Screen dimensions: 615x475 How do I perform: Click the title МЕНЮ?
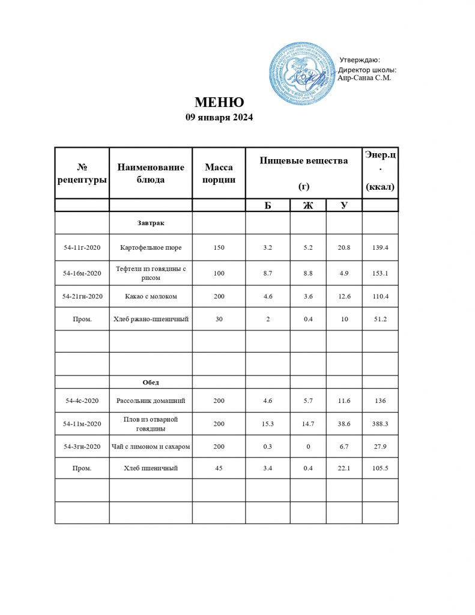pyautogui.click(x=219, y=103)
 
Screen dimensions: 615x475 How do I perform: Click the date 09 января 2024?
pyautogui.click(x=219, y=118)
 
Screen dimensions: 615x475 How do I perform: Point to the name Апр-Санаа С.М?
pyautogui.click(x=365, y=77)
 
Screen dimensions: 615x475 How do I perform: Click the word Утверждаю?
pyautogui.click(x=360, y=59)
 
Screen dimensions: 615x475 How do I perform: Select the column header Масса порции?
pyautogui.click(x=219, y=173)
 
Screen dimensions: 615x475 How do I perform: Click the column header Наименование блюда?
pyautogui.click(x=150, y=173)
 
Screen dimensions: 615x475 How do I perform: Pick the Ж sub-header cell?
pyautogui.click(x=308, y=205)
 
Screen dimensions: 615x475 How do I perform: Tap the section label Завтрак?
pyautogui.click(x=150, y=223)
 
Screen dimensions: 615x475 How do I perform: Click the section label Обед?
pyautogui.click(x=150, y=382)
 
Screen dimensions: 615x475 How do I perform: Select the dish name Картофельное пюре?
pyautogui.click(x=150, y=247)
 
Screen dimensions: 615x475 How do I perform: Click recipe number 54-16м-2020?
pyautogui.click(x=82, y=273)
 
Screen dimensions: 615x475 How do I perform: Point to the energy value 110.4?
pyautogui.click(x=380, y=296)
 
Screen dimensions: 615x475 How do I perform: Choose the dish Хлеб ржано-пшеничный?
pyautogui.click(x=151, y=320)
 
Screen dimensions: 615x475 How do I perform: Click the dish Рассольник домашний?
pyautogui.click(x=150, y=401)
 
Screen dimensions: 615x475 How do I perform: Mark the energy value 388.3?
pyautogui.click(x=380, y=424)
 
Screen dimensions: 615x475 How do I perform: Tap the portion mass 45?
pyautogui.click(x=219, y=468)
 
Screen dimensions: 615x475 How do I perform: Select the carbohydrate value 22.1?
pyautogui.click(x=344, y=468)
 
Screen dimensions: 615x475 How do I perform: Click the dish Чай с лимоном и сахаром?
pyautogui.click(x=151, y=447)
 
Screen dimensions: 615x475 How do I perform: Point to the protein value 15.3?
pyautogui.click(x=268, y=424)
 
